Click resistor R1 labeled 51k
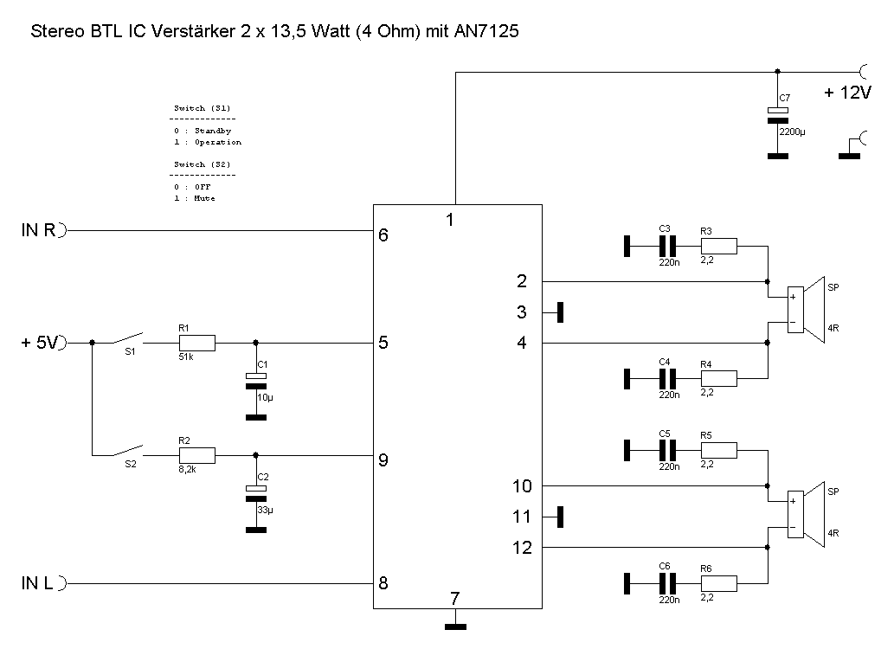[196, 343]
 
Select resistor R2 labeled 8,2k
[196, 455]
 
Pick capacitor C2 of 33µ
[255, 494]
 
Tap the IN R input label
[38, 231]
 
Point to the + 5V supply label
[39, 344]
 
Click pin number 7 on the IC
[454, 598]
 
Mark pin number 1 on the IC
[450, 220]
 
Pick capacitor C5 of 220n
[666, 450]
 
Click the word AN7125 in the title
[486, 32]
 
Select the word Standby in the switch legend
[212, 131]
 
